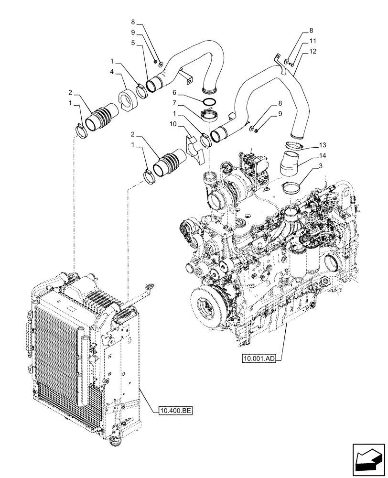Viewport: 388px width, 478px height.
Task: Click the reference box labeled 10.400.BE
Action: point(174,410)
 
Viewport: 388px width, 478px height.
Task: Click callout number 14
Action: point(308,156)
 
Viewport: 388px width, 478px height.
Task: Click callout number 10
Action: point(172,125)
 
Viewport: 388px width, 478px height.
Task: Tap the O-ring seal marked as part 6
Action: point(209,101)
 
